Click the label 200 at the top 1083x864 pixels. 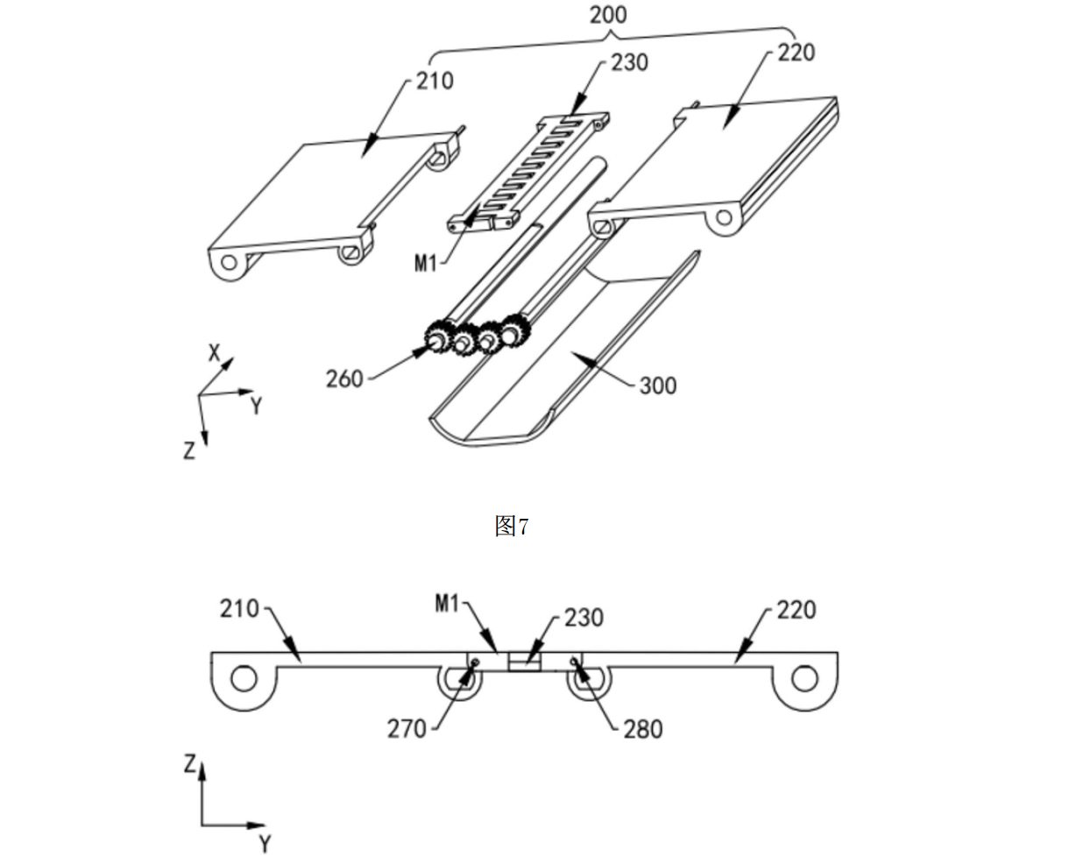tap(608, 15)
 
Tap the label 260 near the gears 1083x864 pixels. tap(344, 379)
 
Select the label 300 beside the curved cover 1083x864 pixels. tap(658, 386)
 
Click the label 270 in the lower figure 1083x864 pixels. tap(407, 729)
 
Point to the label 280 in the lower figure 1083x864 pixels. tap(643, 729)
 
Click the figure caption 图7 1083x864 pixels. tap(512, 527)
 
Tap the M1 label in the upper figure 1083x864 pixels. tap(426, 263)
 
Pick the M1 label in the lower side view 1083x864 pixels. tap(447, 604)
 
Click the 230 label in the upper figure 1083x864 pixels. tap(630, 63)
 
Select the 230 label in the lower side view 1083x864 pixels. tap(584, 618)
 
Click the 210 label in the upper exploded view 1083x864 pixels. tap(435, 81)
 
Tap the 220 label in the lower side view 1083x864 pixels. tap(796, 610)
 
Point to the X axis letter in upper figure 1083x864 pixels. tap(215, 353)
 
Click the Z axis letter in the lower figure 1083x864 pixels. tap(190, 764)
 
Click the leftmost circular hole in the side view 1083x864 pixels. tap(244, 678)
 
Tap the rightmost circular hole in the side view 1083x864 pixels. tap(804, 678)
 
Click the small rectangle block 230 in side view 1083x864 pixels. tap(524, 662)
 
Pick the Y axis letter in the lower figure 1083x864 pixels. tap(265, 843)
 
